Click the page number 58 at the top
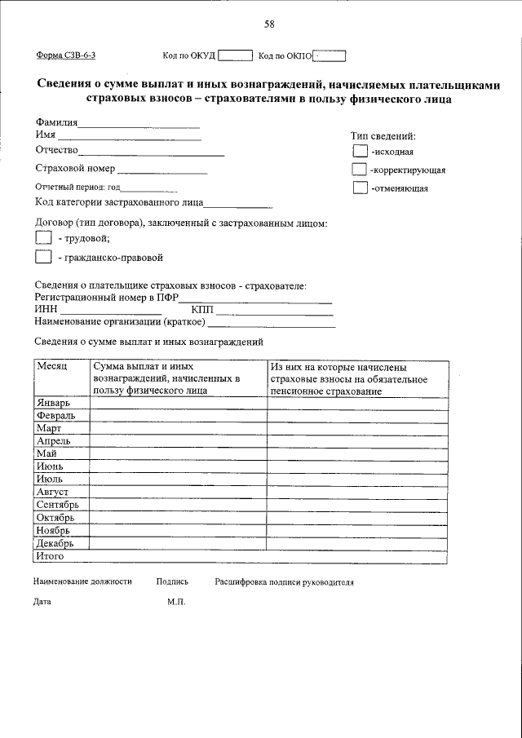269,24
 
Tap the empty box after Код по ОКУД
236,55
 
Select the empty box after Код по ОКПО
330,55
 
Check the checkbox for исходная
360,151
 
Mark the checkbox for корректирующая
360,170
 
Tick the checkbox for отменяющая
360,188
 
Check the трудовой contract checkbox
43,237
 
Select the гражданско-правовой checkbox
43,257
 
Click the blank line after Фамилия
139,125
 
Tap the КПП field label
201,310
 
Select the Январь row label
54,403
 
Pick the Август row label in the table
52,492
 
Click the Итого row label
50,556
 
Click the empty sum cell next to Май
178,453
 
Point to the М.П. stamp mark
176,602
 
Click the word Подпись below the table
172,582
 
